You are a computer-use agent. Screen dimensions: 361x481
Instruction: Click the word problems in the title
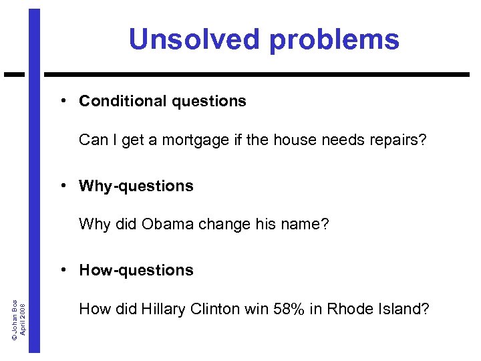pyautogui.click(x=335, y=40)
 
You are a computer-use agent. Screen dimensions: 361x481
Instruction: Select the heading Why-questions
pyautogui.click(x=136, y=186)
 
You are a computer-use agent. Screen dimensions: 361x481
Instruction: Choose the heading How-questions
pyautogui.click(x=136, y=270)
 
